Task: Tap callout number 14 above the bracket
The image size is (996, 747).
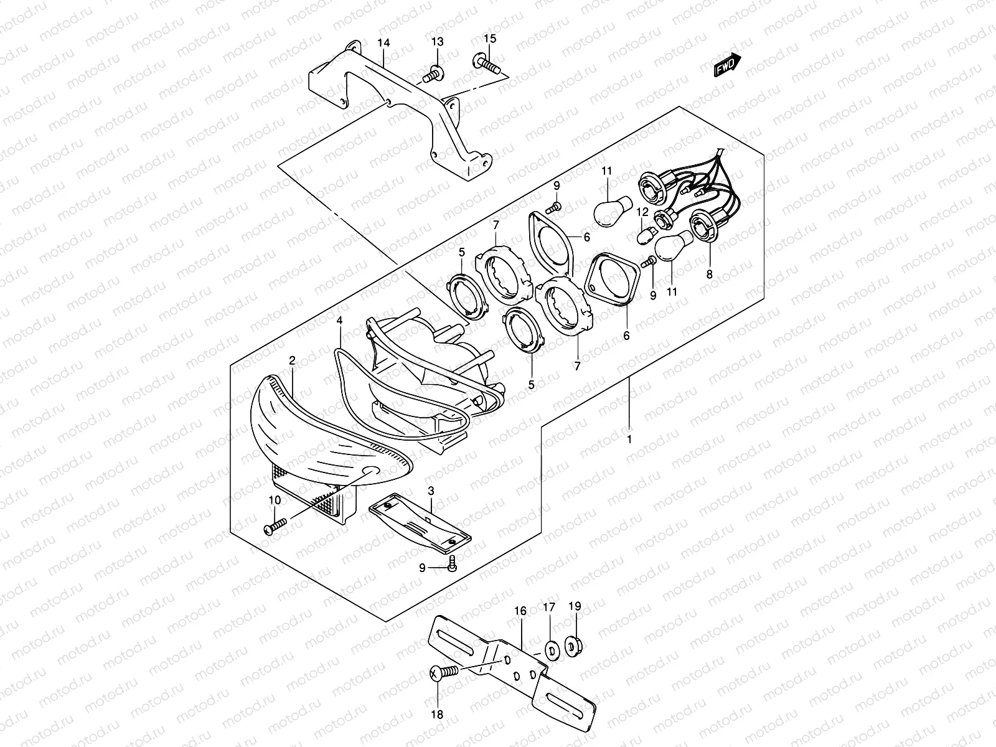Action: click(x=383, y=44)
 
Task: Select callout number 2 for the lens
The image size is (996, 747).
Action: click(x=291, y=360)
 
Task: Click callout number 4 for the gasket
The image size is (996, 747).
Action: click(x=339, y=321)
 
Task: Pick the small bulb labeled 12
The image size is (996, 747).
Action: click(x=645, y=236)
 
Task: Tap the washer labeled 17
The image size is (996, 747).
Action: click(x=552, y=649)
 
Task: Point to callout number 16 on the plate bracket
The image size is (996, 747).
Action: click(x=520, y=611)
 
